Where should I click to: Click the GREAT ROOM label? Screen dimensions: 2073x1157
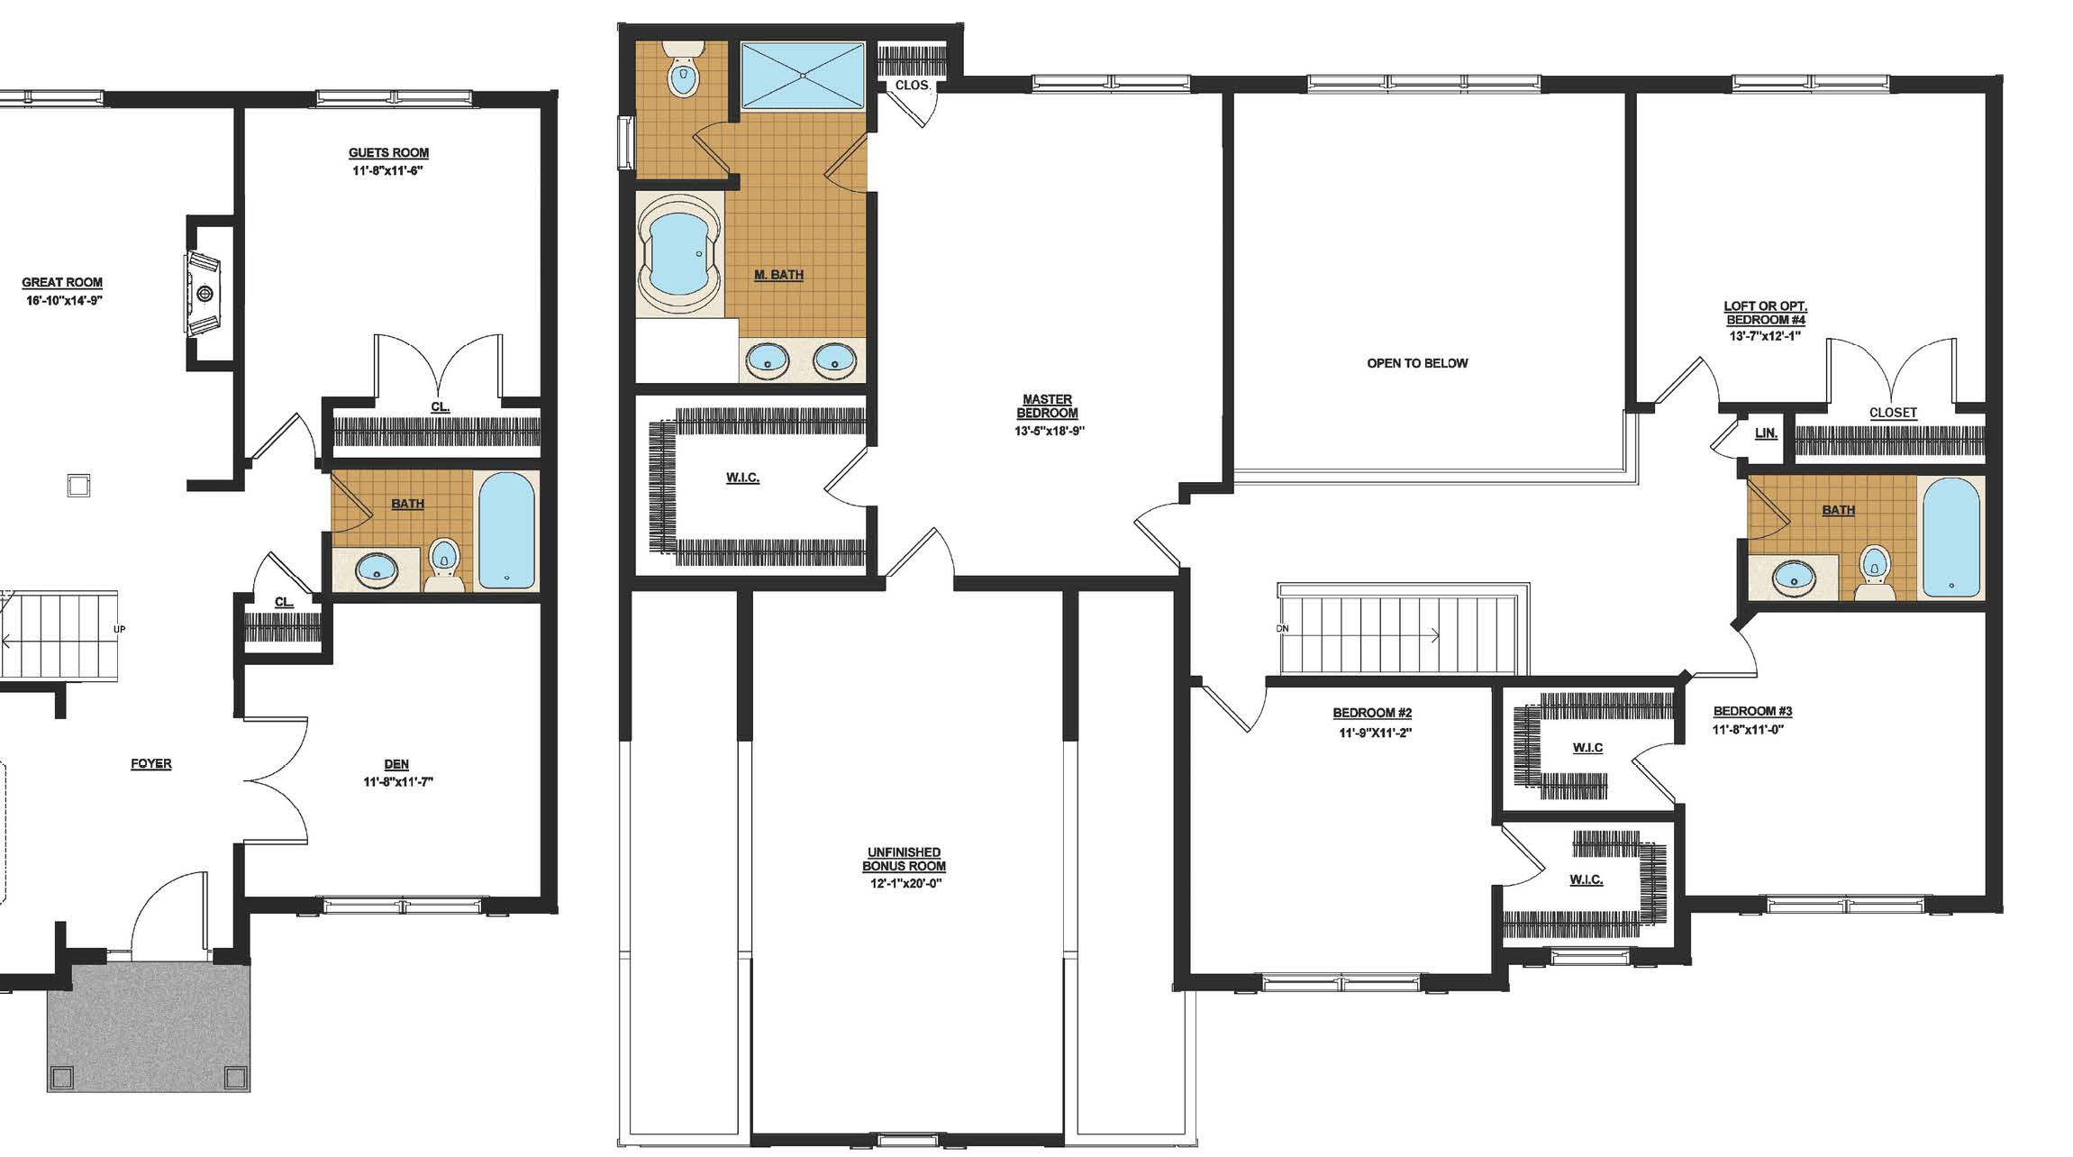point(62,283)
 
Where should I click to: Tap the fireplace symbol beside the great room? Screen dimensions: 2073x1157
point(203,293)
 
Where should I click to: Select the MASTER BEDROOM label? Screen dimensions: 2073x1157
point(1047,406)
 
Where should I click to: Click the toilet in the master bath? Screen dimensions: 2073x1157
point(683,68)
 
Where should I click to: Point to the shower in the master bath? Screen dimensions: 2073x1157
point(802,75)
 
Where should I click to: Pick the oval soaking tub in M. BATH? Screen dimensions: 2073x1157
point(678,253)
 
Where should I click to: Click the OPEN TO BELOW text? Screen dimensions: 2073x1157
point(1417,363)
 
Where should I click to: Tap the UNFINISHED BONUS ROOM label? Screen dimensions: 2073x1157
point(904,859)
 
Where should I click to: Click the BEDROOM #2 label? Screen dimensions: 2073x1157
point(1372,713)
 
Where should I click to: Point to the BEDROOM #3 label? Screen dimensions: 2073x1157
point(1752,711)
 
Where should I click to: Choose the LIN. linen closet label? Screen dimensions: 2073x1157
point(1766,433)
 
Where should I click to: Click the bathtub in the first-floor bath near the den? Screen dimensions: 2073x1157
point(506,531)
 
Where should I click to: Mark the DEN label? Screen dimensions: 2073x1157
point(396,764)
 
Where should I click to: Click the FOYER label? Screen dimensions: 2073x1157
point(151,763)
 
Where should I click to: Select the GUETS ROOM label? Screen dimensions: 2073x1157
point(388,153)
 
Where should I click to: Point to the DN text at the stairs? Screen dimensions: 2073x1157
point(1283,628)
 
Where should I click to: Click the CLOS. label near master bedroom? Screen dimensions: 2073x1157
point(912,85)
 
